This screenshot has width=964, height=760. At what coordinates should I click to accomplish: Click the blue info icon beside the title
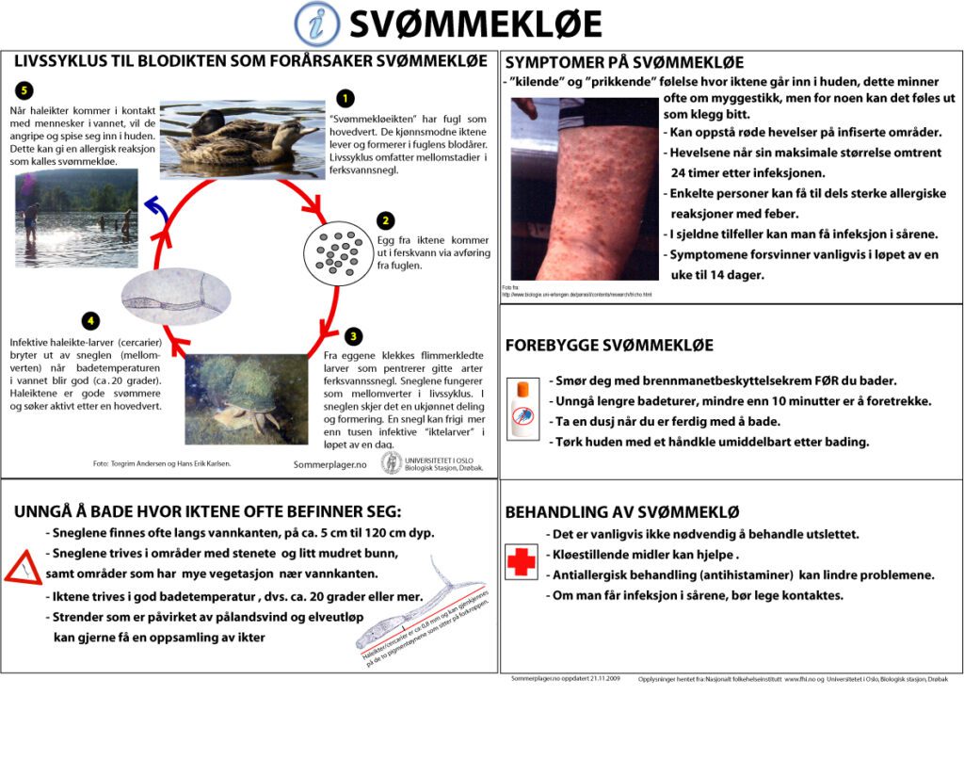click(317, 24)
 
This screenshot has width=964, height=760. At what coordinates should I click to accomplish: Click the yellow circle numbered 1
click(345, 97)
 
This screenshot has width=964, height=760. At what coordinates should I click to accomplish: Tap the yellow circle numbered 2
click(385, 221)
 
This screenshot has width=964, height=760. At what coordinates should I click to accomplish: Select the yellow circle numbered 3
click(352, 335)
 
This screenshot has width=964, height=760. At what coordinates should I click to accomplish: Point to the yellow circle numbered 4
click(90, 320)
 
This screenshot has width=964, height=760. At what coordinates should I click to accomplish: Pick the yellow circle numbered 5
click(24, 90)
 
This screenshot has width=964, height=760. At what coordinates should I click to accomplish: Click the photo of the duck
click(242, 138)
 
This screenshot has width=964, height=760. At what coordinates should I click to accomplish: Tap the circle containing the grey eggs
click(336, 255)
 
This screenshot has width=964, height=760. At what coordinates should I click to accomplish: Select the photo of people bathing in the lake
click(76, 218)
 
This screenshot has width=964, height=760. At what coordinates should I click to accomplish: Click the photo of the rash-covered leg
click(585, 188)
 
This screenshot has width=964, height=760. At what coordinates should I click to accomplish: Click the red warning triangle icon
click(22, 568)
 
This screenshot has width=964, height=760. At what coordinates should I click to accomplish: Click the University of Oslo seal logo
click(391, 463)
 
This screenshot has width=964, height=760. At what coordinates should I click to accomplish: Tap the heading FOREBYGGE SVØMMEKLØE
click(609, 345)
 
